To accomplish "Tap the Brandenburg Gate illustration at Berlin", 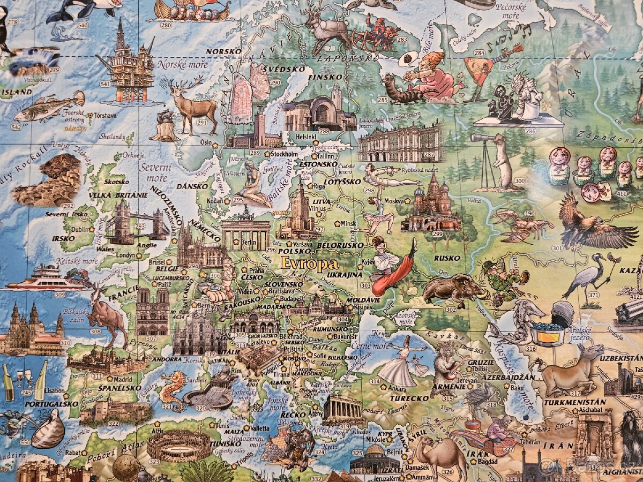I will point(246,231).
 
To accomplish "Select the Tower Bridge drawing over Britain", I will point(137,222).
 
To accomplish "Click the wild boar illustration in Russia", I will point(454,289).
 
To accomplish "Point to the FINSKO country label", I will point(325,77).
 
